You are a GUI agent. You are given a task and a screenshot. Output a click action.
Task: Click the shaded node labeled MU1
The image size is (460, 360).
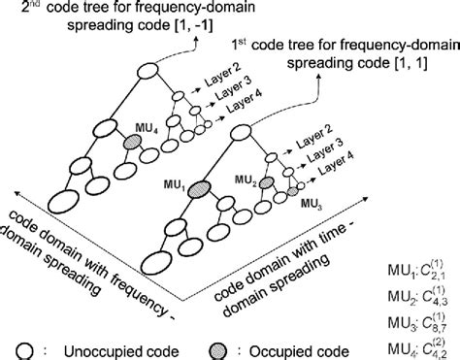coord(201,188)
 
